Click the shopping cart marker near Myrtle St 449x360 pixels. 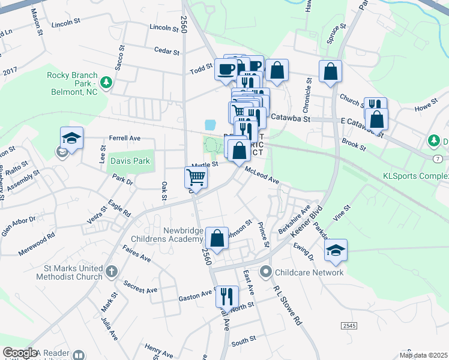[x=196, y=178]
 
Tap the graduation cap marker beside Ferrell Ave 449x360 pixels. [x=71, y=138]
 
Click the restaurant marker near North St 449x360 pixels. [x=227, y=296]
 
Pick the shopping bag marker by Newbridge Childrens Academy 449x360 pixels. [x=217, y=237]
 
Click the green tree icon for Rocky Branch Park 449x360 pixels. [x=106, y=82]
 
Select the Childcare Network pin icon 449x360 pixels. [x=266, y=272]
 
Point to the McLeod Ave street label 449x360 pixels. [x=262, y=176]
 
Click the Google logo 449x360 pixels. [x=20, y=353]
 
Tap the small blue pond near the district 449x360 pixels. [x=209, y=125]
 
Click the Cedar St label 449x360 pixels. [x=167, y=52]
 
